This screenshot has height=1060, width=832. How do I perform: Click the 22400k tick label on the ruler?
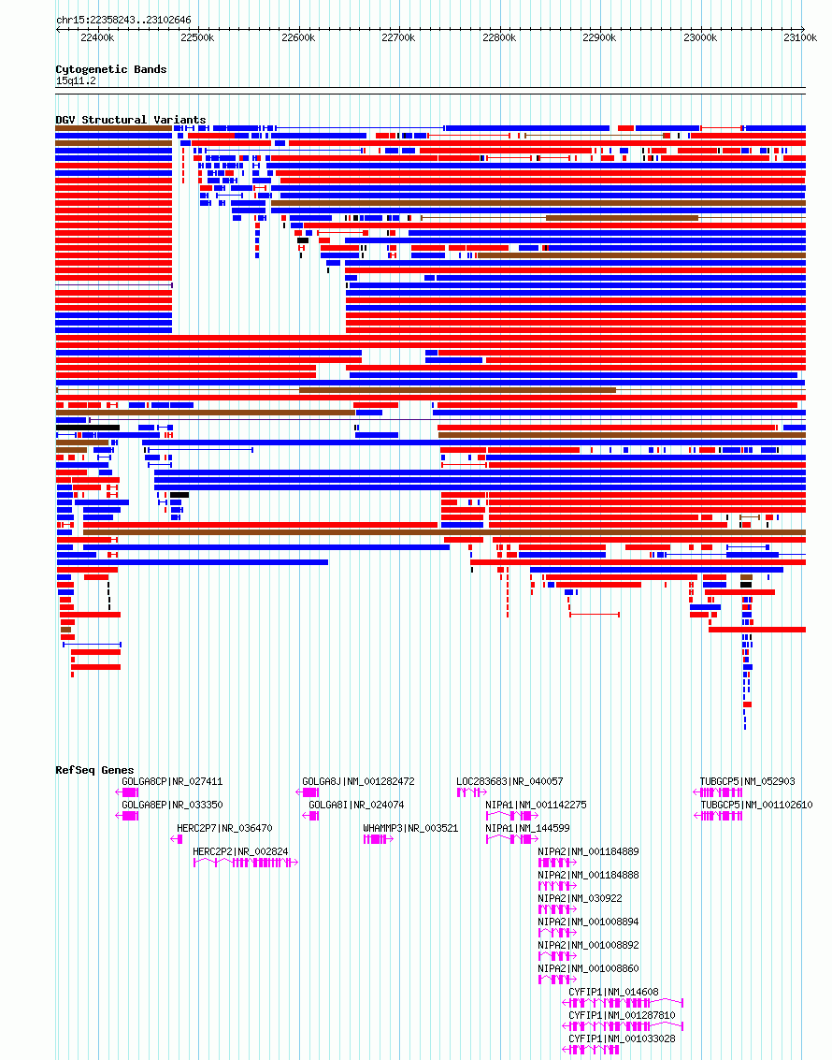click(x=96, y=37)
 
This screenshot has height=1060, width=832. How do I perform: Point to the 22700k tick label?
click(x=398, y=37)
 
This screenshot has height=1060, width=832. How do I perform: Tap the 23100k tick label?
click(x=800, y=37)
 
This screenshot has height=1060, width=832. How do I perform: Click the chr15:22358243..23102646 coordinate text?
click(x=123, y=20)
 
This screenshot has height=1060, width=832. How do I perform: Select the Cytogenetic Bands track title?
click(x=110, y=69)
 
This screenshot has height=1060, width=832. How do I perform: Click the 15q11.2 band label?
click(x=76, y=81)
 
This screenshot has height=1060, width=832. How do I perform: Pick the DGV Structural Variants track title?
click(x=130, y=120)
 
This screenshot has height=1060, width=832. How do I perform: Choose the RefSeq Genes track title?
click(x=94, y=770)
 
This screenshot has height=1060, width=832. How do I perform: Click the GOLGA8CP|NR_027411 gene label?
click(x=172, y=781)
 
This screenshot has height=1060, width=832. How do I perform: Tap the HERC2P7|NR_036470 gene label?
click(x=224, y=828)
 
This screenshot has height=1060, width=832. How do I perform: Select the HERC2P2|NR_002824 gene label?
click(x=240, y=851)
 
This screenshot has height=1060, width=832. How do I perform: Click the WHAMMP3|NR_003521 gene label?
click(x=410, y=828)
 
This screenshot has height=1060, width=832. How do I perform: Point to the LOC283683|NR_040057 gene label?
click(x=509, y=781)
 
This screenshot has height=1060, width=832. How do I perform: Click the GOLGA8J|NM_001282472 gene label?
click(x=358, y=781)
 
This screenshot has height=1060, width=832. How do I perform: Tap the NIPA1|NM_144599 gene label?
click(x=527, y=828)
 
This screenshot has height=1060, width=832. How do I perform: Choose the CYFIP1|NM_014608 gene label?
click(x=613, y=992)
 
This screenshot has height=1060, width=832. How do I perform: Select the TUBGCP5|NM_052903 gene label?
click(x=748, y=781)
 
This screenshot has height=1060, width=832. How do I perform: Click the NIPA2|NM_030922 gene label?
click(x=580, y=898)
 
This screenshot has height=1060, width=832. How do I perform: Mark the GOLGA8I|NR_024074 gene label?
click(x=356, y=805)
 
